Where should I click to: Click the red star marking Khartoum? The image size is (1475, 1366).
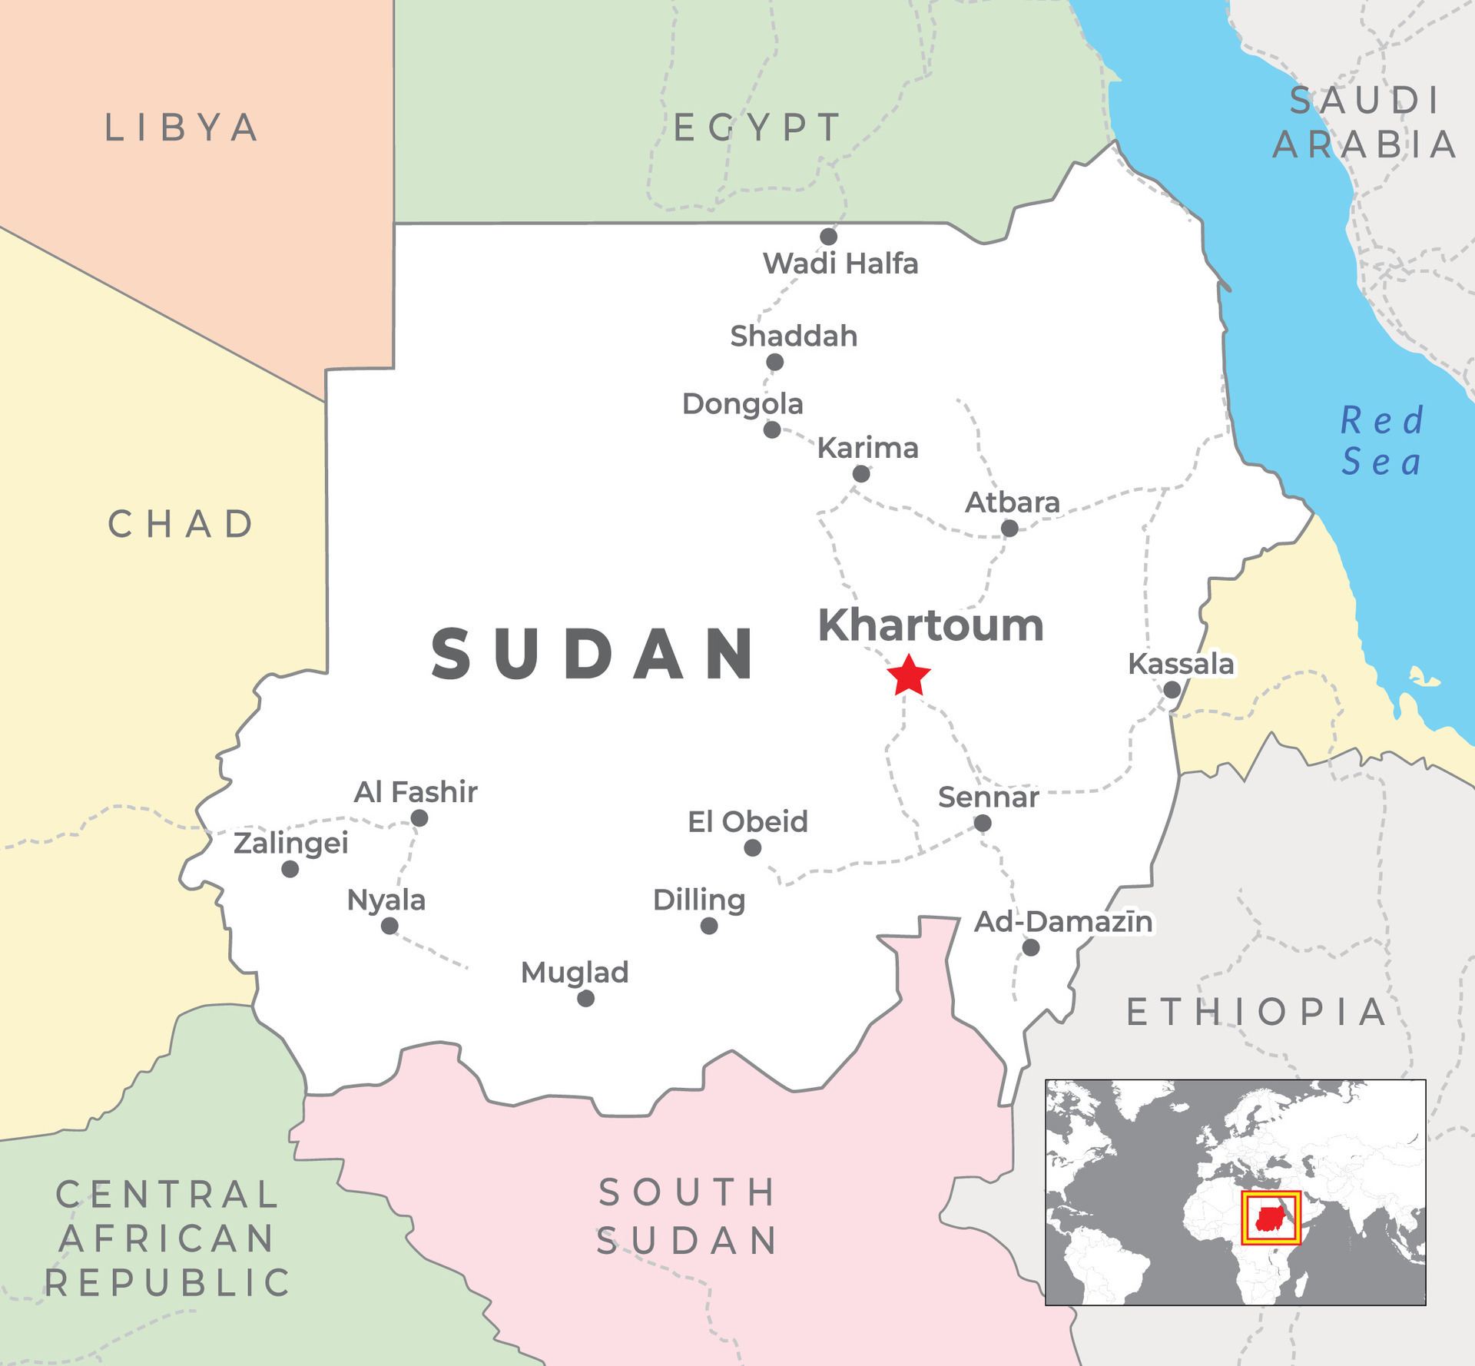coord(908,676)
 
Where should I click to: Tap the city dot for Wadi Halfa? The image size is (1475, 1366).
coord(828,236)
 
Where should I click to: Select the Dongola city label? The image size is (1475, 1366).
coord(742,403)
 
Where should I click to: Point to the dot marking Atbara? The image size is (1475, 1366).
coord(1009,528)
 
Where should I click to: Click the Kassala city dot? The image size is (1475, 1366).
coord(1172,689)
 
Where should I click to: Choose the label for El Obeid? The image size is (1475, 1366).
coord(747,821)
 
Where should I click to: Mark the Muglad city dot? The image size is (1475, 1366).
coord(585,998)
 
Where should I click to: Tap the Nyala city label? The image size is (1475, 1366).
coord(386,900)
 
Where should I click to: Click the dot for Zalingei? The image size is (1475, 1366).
coord(290,869)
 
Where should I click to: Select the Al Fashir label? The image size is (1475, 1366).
coord(415,791)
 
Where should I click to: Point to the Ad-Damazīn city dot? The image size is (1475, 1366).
coord(1031,947)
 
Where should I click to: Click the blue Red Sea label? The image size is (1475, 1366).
coord(1381,441)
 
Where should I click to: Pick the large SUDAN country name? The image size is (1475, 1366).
coord(593,654)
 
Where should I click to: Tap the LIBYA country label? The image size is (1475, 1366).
coord(182,128)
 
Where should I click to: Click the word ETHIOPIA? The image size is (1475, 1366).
coord(1257,1012)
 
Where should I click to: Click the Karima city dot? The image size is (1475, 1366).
coord(861,474)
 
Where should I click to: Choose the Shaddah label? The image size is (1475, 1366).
coord(794,336)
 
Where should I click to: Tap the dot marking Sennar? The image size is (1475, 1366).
coord(982,823)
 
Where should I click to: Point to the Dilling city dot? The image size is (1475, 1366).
coord(709,926)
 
